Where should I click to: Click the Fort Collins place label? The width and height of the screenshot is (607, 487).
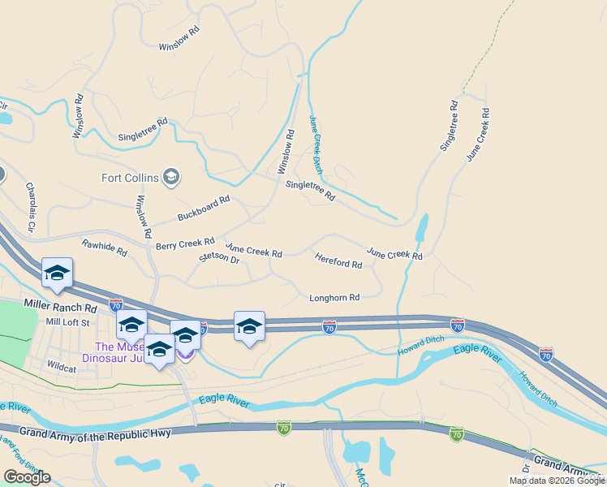129,178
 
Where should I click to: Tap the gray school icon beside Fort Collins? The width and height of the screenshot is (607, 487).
170,176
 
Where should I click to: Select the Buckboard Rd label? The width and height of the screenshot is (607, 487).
204,209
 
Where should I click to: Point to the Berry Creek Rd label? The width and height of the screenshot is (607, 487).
185,243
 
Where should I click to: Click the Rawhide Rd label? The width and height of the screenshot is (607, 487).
105,248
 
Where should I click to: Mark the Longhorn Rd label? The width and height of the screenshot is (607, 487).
334,298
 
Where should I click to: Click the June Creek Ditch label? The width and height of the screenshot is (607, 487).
316,145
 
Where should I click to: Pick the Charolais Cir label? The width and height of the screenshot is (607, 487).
31,208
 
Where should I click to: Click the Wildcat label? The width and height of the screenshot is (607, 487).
62,366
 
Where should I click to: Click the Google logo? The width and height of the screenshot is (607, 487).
28,477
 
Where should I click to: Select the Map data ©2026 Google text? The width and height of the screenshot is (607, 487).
557,481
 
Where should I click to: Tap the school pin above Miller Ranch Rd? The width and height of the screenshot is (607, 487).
58,274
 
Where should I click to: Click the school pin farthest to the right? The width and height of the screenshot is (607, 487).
249,327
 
